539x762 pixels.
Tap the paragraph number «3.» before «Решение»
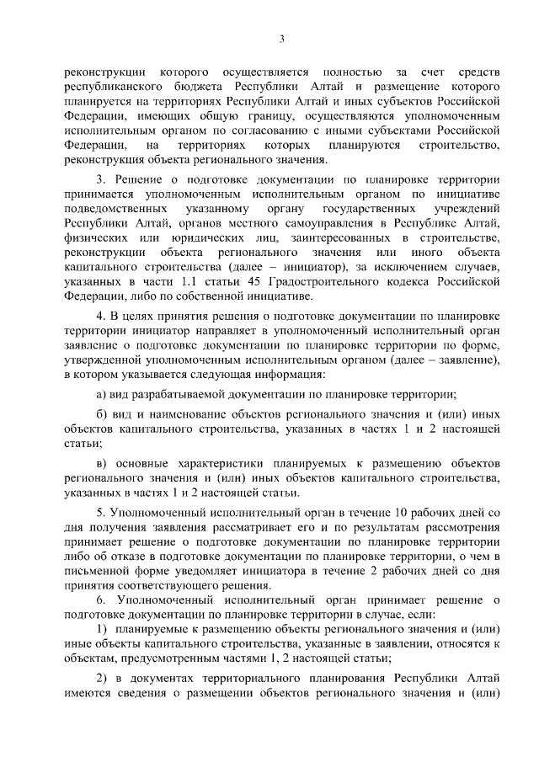100,180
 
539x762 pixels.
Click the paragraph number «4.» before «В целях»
100,316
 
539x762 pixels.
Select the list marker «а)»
100,393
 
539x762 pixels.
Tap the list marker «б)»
100,415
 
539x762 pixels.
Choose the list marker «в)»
100,464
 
